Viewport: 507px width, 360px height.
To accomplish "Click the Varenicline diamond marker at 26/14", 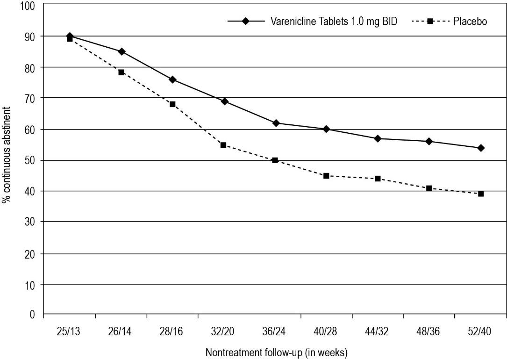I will [x=121, y=51].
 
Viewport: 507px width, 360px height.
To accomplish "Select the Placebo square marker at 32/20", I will [x=223, y=145].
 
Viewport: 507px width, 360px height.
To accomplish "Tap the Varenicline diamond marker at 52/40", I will [x=480, y=148].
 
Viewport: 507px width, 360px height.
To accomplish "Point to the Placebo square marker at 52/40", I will [x=480, y=194].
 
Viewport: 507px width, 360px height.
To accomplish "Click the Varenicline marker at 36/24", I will [x=276, y=123].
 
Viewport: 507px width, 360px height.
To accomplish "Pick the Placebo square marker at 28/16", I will [x=172, y=104].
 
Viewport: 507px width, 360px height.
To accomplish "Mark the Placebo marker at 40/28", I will [x=326, y=176].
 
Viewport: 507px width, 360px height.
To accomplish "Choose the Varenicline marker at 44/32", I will [x=378, y=138].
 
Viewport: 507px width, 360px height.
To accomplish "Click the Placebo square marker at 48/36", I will [x=429, y=188].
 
